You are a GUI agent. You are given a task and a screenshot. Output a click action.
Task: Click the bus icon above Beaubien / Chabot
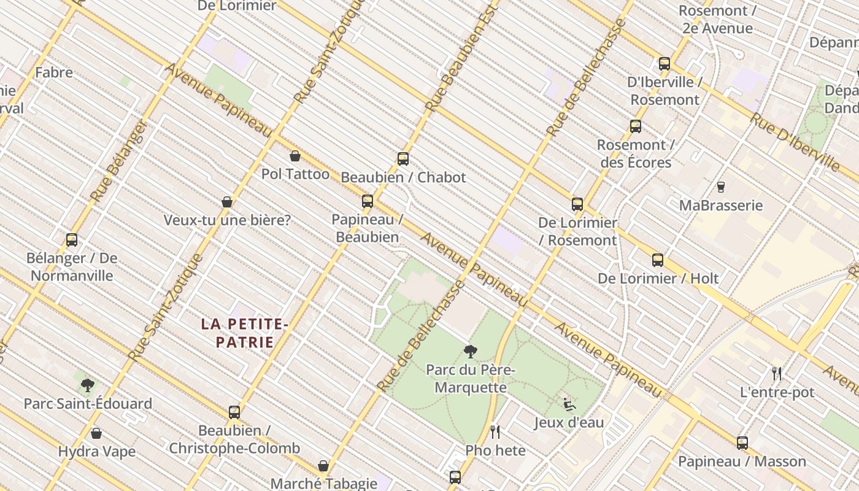[403, 159]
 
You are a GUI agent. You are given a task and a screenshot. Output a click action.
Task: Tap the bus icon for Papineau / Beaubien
[368, 201]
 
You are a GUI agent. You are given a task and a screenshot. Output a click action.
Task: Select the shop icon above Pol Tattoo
[295, 156]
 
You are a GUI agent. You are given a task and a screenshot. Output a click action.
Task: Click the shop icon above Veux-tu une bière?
[227, 202]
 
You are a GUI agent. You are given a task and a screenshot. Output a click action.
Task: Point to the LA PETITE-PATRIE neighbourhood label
[244, 333]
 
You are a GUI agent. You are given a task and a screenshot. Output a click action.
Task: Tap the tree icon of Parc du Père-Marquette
[471, 352]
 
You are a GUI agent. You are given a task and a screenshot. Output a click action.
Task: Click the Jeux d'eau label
[569, 422]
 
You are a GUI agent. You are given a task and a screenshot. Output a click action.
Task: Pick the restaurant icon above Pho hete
[495, 432]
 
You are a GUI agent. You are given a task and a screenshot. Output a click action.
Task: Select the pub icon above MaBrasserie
[721, 187]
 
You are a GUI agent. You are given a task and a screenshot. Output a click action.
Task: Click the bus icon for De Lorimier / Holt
[658, 260]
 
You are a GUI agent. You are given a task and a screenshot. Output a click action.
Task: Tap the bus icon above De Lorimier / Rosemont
[577, 204]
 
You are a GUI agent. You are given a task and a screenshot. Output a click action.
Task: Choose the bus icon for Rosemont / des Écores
[636, 127]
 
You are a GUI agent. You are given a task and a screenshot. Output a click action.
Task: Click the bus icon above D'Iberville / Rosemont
[664, 64]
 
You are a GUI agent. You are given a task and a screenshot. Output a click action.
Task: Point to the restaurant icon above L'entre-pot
[777, 373]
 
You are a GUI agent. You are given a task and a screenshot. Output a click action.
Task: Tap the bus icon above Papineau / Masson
[742, 443]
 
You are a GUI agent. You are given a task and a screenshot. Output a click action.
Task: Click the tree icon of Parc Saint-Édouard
[88, 385]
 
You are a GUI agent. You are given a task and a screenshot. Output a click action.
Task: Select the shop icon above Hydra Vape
[96, 433]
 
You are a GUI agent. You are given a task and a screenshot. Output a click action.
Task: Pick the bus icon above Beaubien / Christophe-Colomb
[234, 412]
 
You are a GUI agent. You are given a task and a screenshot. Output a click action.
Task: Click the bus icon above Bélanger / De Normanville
[72, 240]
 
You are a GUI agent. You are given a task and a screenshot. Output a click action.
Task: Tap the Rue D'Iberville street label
[795, 142]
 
